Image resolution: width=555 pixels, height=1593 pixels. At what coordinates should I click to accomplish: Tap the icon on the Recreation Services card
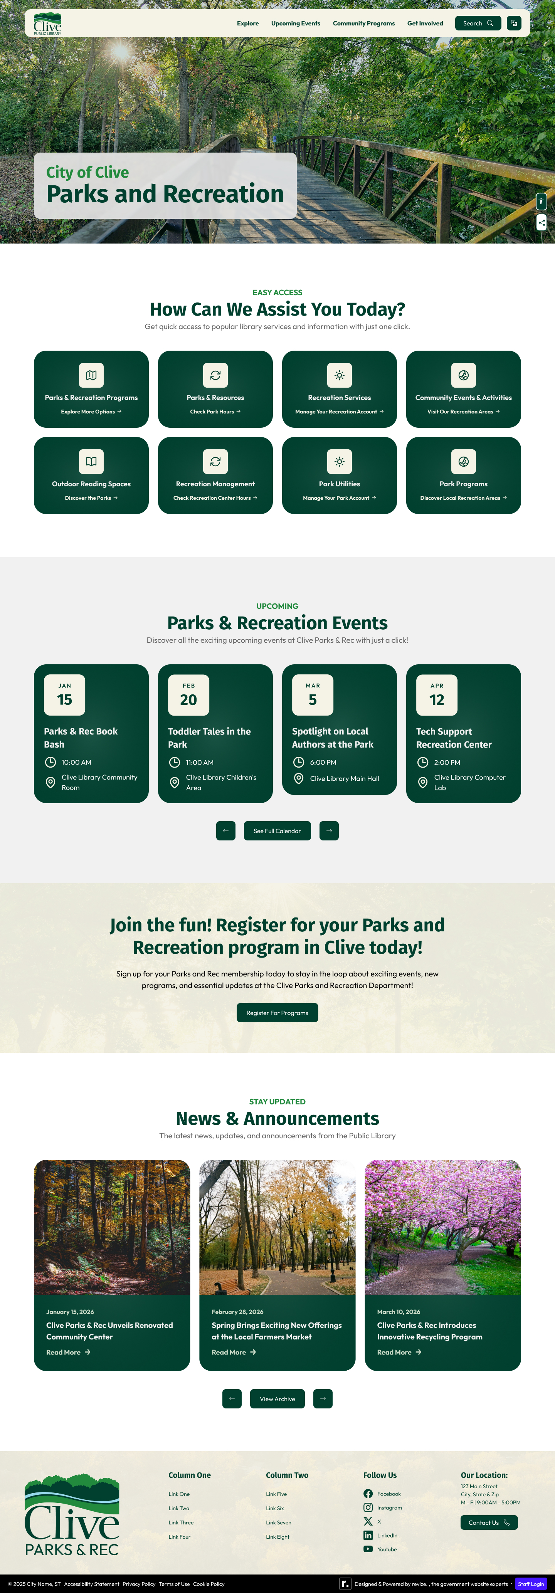click(x=339, y=375)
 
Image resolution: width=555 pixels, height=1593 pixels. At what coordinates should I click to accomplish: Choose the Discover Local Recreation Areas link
click(x=463, y=498)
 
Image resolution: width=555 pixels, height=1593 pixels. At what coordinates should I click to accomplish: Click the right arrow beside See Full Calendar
click(x=328, y=830)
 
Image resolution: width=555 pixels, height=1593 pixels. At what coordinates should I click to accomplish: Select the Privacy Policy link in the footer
click(x=139, y=1584)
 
